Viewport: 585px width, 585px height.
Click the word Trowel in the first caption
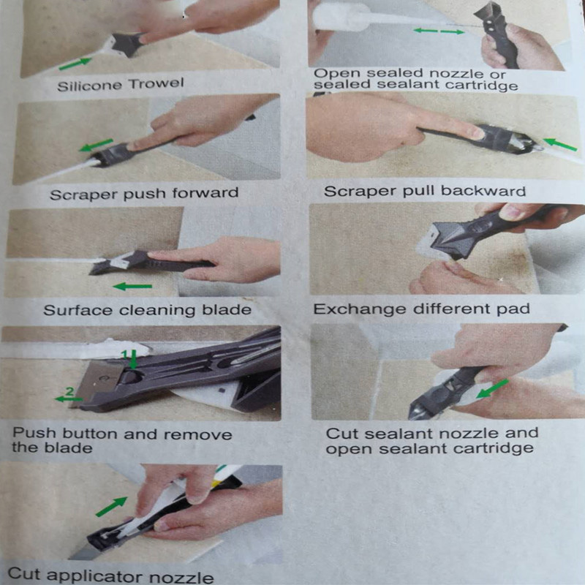[x=156, y=83]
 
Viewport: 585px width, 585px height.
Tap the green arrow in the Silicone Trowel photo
[x=75, y=64]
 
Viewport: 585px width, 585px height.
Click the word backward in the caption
[x=483, y=191]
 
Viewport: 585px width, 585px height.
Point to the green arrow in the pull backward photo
[x=560, y=145]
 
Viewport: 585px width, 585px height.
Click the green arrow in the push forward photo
[x=96, y=145]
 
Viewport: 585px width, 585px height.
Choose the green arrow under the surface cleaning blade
[x=132, y=287]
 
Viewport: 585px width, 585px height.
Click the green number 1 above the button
[x=125, y=354]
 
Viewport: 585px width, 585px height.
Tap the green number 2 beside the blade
[x=69, y=391]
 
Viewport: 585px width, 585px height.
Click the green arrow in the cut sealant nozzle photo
[x=493, y=388]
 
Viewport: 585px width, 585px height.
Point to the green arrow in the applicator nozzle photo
[x=112, y=506]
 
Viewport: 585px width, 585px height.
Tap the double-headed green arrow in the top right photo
[x=439, y=31]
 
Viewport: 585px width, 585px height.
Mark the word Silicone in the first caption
[x=89, y=86]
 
